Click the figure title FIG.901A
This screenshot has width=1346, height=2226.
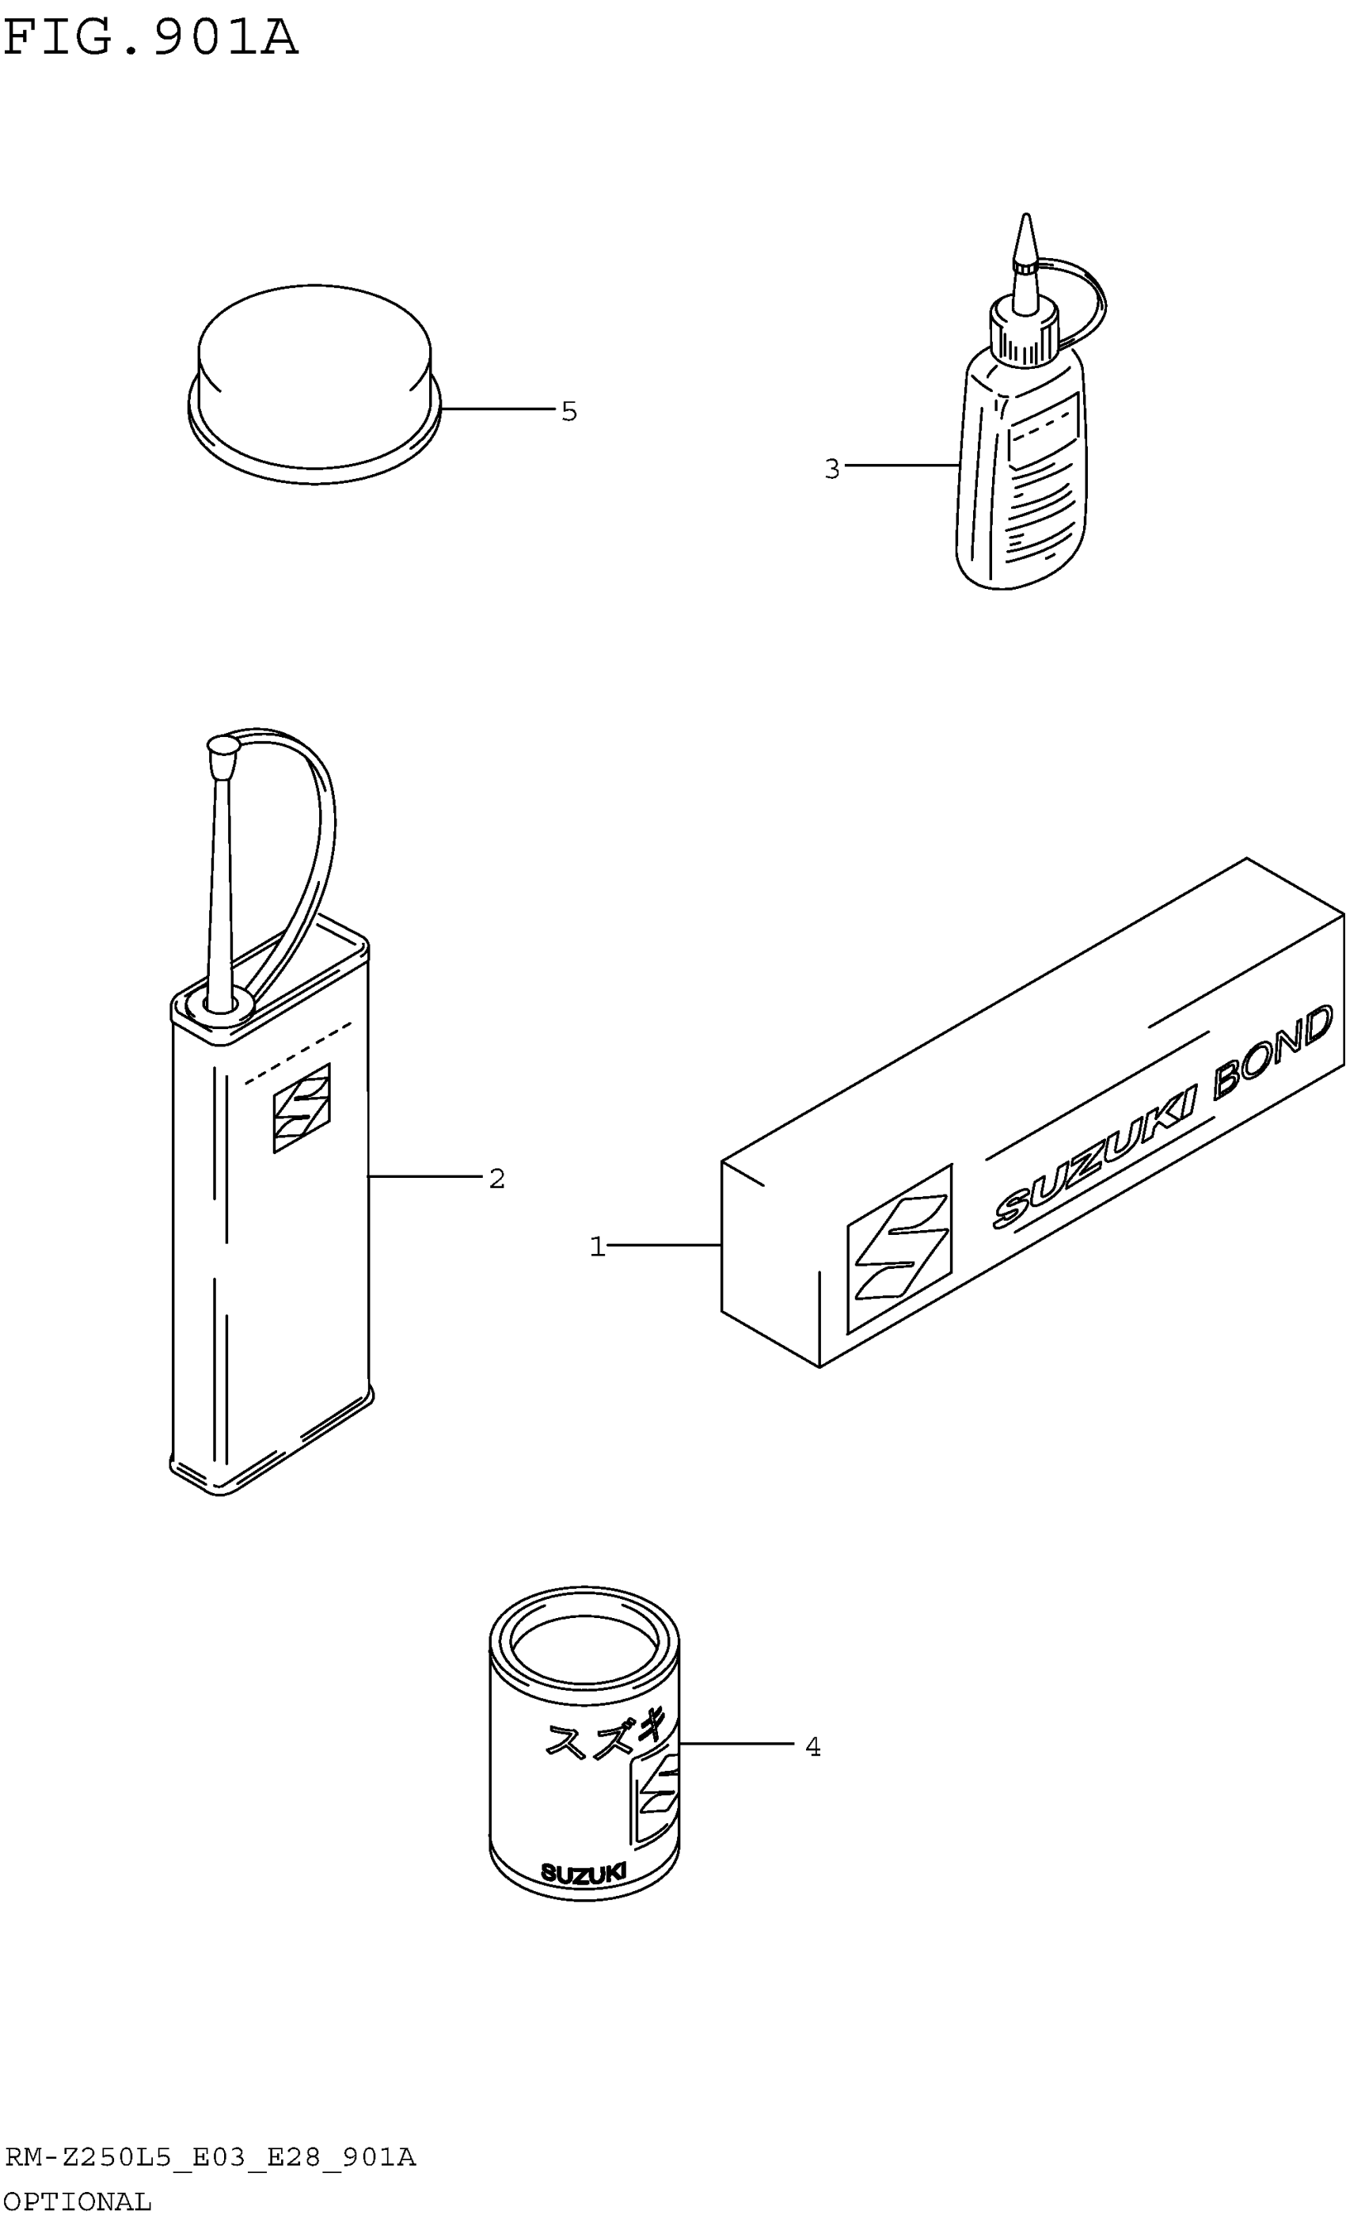coord(150,38)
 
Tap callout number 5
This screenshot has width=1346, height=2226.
coord(568,412)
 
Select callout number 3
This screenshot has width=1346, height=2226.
coord(832,469)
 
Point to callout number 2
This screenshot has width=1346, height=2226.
coord(496,1178)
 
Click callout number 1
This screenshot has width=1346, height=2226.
coord(596,1247)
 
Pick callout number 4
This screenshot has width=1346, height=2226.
coord(812,1747)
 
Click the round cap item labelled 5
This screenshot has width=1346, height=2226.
coord(314,379)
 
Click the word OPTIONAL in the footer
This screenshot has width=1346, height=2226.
coord(78,2201)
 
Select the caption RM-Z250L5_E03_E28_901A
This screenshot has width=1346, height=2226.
coord(211,2158)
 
